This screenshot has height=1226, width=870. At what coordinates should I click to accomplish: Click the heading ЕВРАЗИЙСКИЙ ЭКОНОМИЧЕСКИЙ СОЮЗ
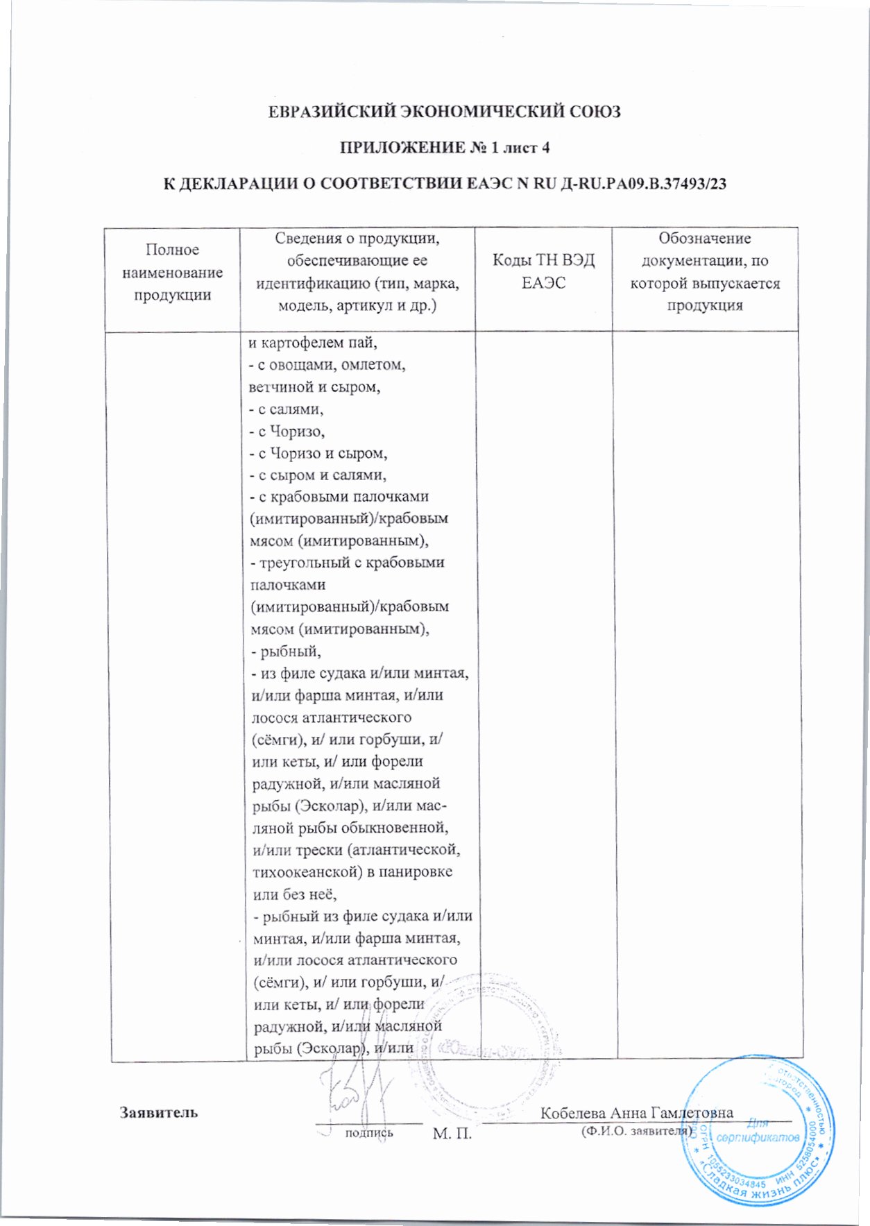444,112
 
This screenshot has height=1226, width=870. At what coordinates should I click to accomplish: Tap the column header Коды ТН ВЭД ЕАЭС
543,271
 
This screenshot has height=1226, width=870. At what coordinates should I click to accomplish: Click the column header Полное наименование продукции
172,272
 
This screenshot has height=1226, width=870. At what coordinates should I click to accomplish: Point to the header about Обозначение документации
704,271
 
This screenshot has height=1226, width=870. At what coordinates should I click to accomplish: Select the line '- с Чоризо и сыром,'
318,453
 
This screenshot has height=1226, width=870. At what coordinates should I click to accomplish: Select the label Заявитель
159,1112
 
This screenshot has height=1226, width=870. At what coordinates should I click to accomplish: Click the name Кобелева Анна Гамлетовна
636,1112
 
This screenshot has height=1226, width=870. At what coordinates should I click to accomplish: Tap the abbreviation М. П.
452,1134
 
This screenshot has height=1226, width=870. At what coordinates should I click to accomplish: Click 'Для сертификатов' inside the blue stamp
758,1132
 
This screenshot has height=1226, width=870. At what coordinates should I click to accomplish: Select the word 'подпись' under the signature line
369,1132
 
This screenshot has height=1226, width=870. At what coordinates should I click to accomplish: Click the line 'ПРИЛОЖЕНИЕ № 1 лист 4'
444,148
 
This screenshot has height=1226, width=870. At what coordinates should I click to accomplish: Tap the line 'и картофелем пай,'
312,343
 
